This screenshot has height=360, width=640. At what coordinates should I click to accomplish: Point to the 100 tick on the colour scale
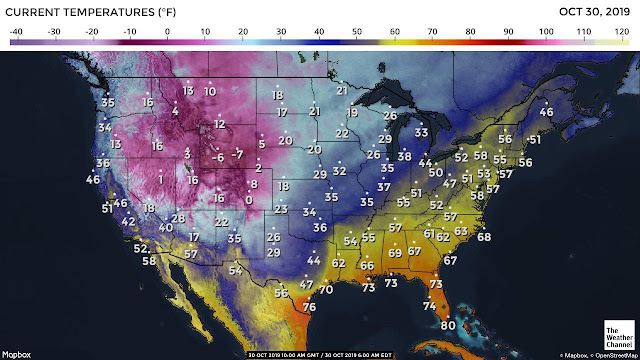pos(546,32)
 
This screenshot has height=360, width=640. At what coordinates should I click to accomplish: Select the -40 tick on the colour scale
pos(16,32)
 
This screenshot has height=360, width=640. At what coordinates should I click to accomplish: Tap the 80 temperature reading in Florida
pos(448,325)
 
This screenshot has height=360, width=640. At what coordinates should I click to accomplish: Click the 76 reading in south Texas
pos(309,307)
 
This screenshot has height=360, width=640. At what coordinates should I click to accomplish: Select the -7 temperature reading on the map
pos(237,155)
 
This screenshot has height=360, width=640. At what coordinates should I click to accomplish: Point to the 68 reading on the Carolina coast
pos(485,237)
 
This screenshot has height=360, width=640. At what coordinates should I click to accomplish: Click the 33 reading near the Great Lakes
pos(422,132)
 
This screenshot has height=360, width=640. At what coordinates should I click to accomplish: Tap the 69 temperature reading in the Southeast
pos(395,253)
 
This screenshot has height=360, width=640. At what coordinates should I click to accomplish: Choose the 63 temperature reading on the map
pos(461,231)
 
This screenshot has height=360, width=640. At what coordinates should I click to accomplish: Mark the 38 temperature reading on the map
pos(404,156)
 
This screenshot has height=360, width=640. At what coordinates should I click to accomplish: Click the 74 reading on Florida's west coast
pos(429,306)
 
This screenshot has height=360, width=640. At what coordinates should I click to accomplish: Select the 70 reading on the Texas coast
pos(326,289)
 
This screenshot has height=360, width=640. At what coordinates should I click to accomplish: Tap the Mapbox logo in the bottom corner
pos(17,354)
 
